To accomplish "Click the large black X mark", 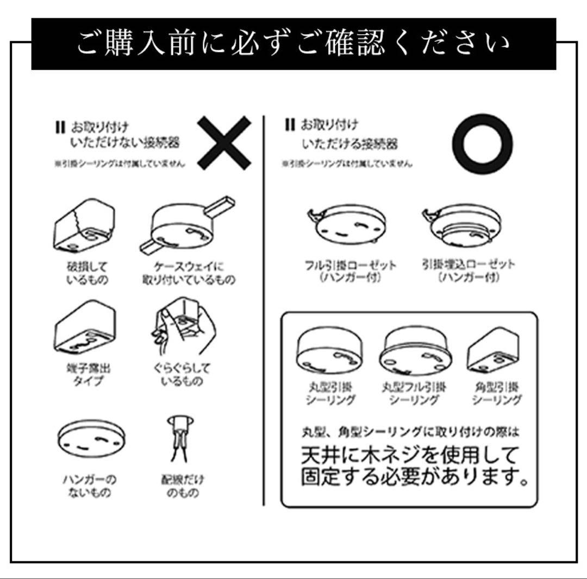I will click(x=224, y=142).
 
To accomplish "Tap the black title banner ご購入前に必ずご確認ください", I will click(x=293, y=44).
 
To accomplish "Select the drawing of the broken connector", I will click(x=84, y=226).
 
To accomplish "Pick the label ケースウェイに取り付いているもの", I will click(x=189, y=273).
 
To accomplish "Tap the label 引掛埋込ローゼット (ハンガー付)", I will click(x=469, y=270).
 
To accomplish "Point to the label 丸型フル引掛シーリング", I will click(x=414, y=394).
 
